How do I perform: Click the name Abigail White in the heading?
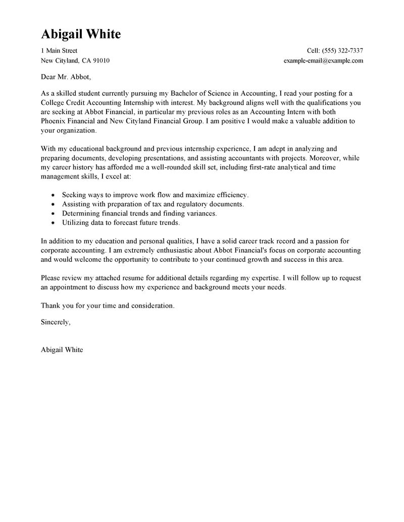(x=81, y=34)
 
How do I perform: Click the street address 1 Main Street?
(x=59, y=51)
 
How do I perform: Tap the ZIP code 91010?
(x=100, y=61)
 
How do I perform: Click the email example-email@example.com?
(x=323, y=61)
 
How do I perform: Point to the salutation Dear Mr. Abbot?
(x=65, y=78)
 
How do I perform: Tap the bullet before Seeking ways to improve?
(x=54, y=195)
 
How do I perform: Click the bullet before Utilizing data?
(x=54, y=222)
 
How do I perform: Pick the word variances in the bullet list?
(x=199, y=213)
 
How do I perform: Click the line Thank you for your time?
(x=107, y=306)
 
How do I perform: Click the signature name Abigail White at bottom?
(x=62, y=350)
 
